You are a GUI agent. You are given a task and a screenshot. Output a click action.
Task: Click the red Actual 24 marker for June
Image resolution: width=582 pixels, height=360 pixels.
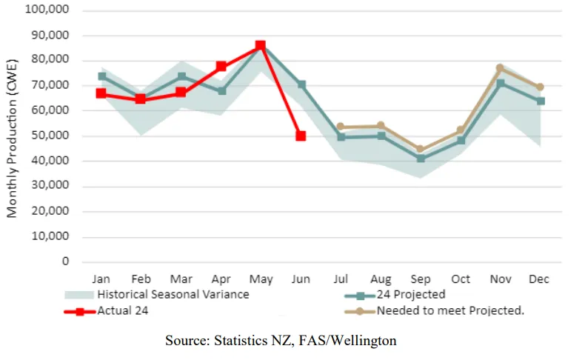click(301, 136)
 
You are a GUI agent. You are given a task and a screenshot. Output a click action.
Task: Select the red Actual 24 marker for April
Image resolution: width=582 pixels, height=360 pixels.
click(221, 67)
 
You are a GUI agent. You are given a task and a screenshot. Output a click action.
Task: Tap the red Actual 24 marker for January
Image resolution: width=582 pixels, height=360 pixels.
click(101, 93)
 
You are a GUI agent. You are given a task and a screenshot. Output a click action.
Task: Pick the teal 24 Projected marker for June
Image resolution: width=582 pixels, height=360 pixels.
click(301, 84)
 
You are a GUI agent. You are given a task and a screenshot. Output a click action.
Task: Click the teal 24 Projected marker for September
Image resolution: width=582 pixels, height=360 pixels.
click(421, 158)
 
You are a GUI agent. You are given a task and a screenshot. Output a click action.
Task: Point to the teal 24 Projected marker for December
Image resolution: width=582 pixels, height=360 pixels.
click(541, 101)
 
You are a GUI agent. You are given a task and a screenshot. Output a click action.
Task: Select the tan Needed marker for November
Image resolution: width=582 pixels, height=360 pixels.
click(500, 68)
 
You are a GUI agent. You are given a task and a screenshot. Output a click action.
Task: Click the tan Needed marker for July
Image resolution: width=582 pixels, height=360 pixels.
click(340, 127)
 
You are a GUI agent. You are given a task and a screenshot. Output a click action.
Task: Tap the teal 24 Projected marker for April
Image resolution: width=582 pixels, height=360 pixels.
click(221, 91)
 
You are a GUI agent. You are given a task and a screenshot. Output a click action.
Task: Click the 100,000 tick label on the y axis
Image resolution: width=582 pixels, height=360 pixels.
click(47, 10)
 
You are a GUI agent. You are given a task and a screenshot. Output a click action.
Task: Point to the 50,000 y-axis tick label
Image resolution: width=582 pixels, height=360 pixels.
click(50, 136)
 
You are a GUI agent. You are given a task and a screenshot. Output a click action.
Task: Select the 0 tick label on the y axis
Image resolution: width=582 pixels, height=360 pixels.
click(65, 261)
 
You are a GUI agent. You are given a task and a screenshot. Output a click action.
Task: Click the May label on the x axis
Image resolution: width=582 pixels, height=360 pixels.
click(261, 279)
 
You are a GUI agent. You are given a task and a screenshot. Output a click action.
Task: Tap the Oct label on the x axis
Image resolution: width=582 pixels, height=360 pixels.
click(461, 279)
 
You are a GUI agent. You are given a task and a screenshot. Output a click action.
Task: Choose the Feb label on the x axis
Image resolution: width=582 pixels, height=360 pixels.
click(141, 279)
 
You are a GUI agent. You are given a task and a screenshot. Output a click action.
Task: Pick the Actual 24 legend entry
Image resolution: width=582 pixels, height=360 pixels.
click(123, 310)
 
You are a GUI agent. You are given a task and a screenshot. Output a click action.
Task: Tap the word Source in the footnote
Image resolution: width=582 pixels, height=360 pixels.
click(184, 341)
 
